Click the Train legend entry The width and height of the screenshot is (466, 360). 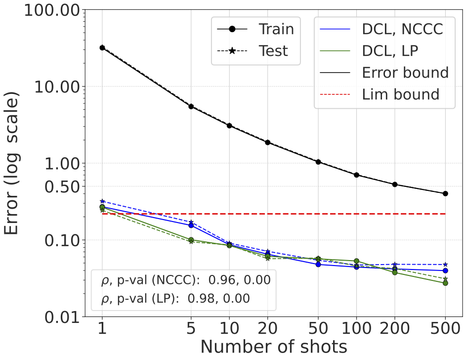276,29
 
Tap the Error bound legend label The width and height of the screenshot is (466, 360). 405,72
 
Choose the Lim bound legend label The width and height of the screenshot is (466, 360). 400,94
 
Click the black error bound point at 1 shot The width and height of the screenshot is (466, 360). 102,47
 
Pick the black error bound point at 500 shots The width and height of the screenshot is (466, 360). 445,193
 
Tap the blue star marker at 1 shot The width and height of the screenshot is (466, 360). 102,201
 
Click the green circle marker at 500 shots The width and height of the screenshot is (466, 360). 445,283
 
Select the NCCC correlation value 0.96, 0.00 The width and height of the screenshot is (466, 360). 239,280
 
